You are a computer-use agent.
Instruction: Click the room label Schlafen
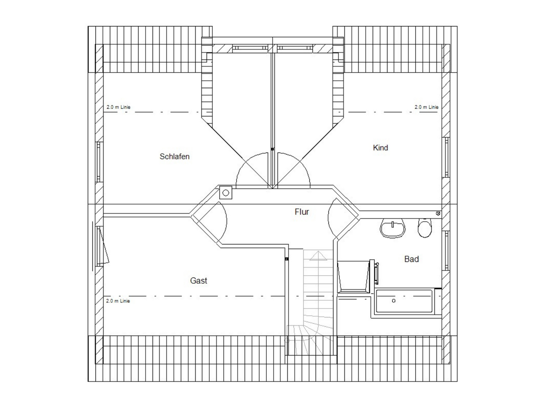[175, 156]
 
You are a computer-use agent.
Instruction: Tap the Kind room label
[380, 148]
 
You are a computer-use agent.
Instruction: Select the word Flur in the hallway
[302, 212]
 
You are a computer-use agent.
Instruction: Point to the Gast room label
[198, 281]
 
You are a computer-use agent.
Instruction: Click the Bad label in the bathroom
[412, 259]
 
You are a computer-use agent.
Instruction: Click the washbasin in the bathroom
[393, 228]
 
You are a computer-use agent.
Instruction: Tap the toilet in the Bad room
[425, 228]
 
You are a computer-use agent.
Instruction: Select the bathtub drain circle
[393, 301]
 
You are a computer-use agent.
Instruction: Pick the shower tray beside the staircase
[353, 276]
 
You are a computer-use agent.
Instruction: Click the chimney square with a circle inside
[226, 193]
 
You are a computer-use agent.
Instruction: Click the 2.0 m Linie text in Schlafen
[118, 107]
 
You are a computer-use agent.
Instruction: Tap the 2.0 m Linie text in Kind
[426, 107]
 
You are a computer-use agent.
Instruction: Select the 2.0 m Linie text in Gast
[118, 301]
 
